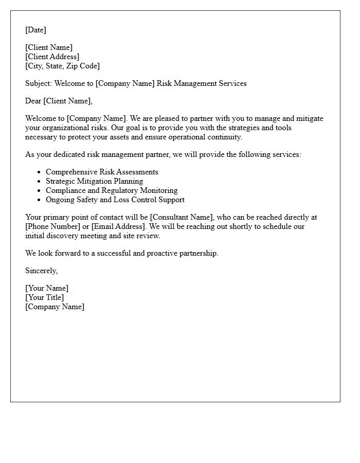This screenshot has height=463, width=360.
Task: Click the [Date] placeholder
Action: [35, 30]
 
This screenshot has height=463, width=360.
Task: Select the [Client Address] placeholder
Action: [52, 57]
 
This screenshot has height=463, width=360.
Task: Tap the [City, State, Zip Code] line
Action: [62, 66]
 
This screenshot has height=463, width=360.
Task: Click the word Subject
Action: [38, 83]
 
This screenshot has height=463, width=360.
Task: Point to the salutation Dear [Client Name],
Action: [59, 101]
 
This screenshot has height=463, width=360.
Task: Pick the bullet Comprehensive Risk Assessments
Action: [102, 172]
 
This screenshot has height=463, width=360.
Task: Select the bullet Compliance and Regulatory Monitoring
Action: [112, 190]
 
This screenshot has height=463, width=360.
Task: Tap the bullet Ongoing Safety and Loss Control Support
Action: [115, 200]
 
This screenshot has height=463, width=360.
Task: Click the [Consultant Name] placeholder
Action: [181, 217]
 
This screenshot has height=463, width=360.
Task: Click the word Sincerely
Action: [41, 271]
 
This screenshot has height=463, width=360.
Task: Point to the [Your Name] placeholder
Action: [47, 288]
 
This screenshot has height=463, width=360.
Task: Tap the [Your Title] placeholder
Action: [45, 297]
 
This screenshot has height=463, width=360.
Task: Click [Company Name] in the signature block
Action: [55, 307]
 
